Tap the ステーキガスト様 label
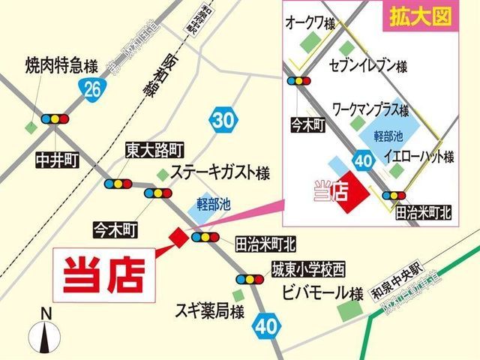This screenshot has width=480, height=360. pyautogui.click(x=220, y=172)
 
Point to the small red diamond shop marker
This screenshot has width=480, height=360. pyautogui.click(x=178, y=236)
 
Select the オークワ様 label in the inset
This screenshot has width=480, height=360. pyautogui.click(x=310, y=23)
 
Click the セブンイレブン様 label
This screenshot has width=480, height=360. pyautogui.click(x=368, y=66)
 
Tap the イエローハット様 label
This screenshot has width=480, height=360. pyautogui.click(x=418, y=157)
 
